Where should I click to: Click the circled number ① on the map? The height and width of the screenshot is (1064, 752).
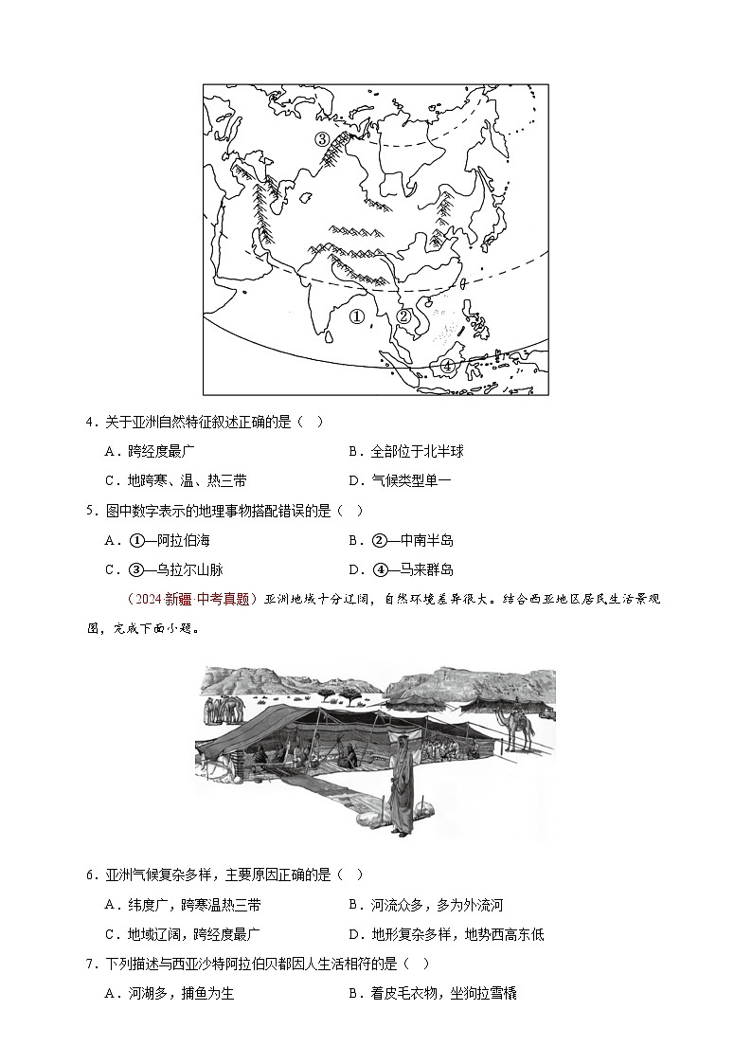tap(357, 316)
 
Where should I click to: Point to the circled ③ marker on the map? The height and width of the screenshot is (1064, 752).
tap(322, 139)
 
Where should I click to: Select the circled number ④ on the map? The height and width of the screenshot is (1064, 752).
tap(447, 366)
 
